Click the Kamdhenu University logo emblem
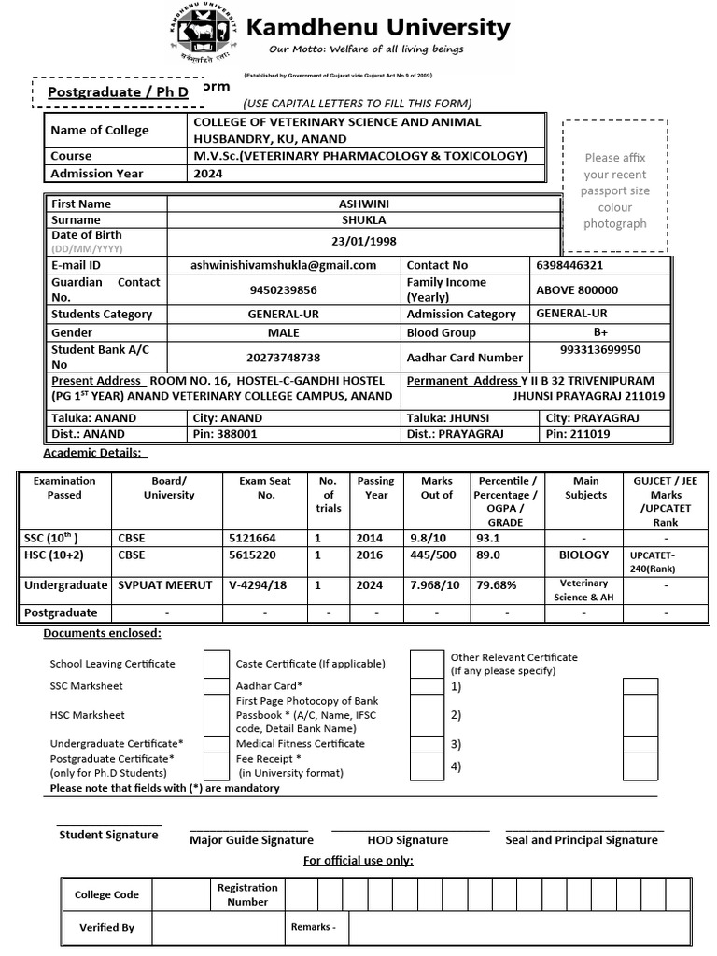coord(204,32)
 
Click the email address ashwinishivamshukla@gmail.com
coord(283,265)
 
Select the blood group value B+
coord(599,331)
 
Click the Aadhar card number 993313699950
coord(599,350)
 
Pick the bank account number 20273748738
coord(283,358)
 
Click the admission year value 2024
coord(208,173)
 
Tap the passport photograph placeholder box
coord(614,187)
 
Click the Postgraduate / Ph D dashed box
coord(118,92)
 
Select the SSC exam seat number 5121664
coord(252,539)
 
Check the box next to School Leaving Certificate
coord(217,663)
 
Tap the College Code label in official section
coord(106,894)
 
